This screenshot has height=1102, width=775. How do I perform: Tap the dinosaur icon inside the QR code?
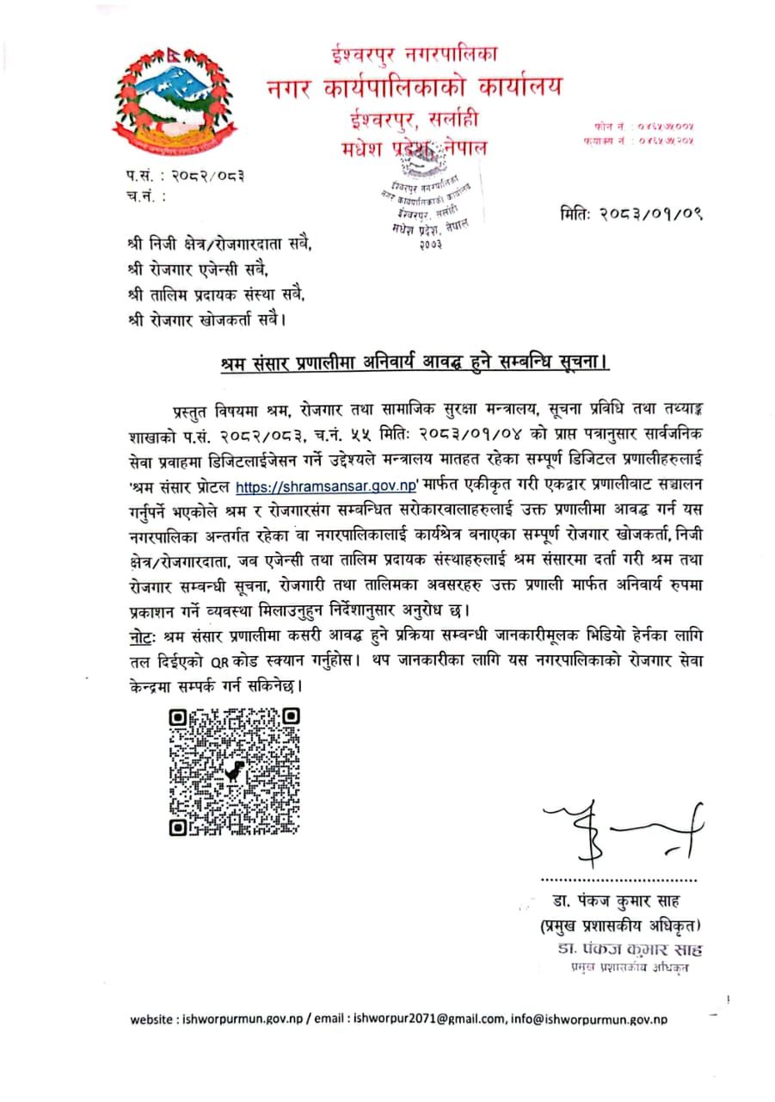235,771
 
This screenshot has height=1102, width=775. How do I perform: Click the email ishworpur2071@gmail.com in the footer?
429,1019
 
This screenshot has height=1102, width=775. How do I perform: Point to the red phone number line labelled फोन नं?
636,126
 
